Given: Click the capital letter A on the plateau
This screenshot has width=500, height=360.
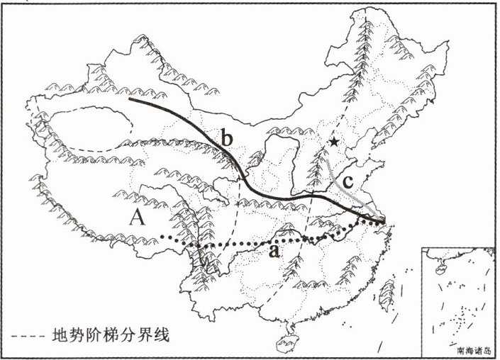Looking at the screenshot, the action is point(138,218).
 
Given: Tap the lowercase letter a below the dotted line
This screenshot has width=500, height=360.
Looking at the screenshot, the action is point(274,251).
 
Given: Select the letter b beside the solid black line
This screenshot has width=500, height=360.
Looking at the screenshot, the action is point(226,139).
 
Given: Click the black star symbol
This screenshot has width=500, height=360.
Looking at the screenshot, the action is point(333,142).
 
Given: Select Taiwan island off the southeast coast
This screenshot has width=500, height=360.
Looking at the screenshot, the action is point(388,291).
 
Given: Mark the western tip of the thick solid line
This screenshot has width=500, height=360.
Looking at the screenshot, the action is point(130,99).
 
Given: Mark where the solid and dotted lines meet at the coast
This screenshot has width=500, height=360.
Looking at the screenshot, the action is point(384,223).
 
